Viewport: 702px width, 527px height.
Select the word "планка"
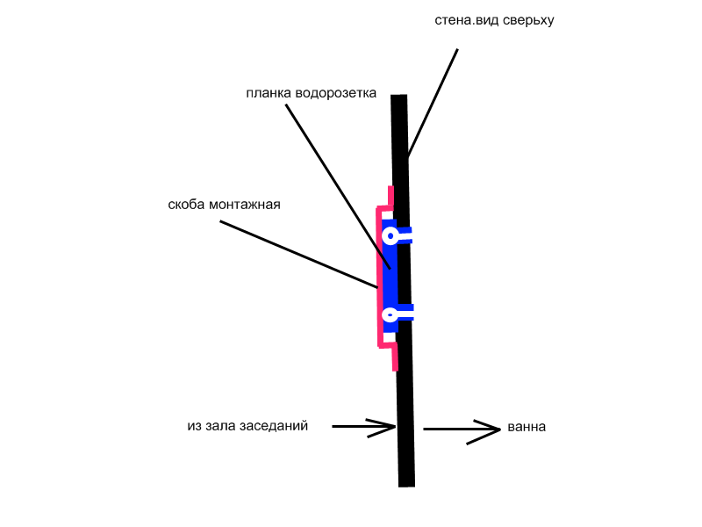[269, 93]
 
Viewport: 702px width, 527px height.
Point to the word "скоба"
[187, 205]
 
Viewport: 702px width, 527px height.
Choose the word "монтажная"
[245, 205]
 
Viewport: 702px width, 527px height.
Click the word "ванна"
[526, 427]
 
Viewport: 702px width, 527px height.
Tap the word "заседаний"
[274, 426]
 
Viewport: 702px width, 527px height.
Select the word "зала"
[221, 426]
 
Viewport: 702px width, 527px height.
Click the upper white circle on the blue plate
[390, 235]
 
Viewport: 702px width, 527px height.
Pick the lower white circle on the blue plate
[390, 314]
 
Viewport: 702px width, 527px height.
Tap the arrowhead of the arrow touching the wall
[383, 427]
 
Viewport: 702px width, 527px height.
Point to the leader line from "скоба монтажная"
[298, 254]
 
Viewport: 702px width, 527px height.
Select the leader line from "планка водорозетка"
[339, 186]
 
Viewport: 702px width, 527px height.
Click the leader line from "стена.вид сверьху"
[433, 103]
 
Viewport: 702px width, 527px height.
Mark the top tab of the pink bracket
[390, 197]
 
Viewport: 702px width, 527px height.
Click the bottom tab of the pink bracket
[395, 358]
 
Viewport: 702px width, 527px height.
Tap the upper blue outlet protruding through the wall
[404, 235]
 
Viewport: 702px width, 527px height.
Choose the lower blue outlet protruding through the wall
[405, 313]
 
